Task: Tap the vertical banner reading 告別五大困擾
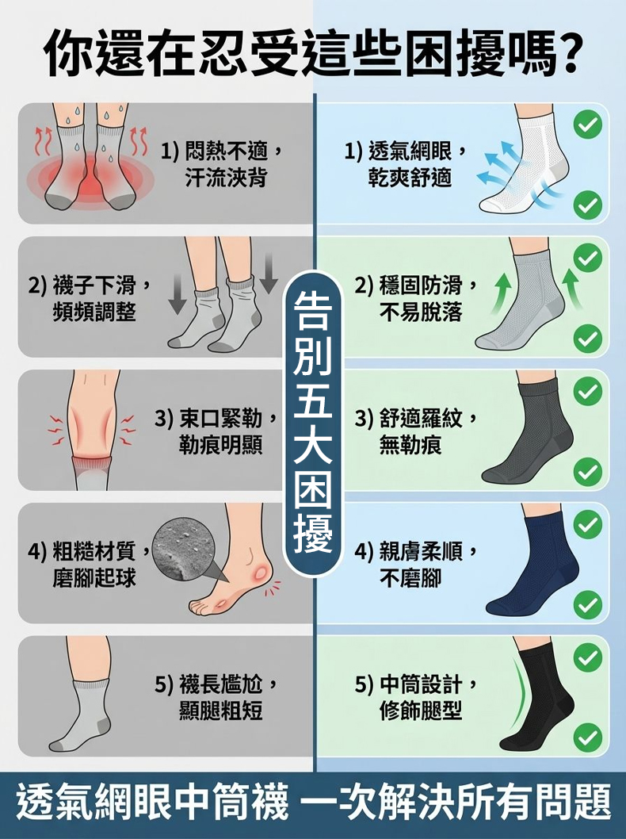[x=313, y=423]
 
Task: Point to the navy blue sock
[x=532, y=565]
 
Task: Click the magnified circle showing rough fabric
[x=183, y=548]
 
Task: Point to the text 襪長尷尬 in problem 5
[x=221, y=684]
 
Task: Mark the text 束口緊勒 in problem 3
[x=221, y=419]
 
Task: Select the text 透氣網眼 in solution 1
[x=410, y=152]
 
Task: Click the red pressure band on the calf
[x=92, y=461]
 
